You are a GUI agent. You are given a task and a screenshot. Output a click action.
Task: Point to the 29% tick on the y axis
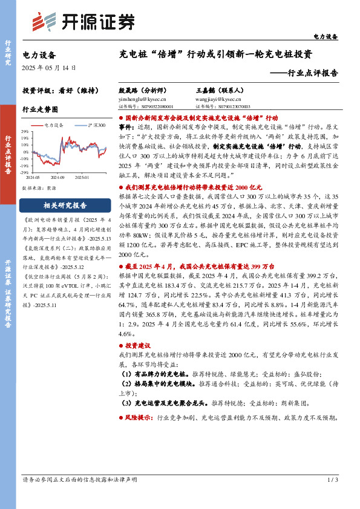pos(26,131)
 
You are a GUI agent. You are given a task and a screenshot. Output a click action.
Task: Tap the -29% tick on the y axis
pos(25,173)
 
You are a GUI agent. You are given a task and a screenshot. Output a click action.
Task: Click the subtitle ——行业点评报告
pos(303,73)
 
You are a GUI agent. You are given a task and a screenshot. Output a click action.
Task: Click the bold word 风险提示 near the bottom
pos(138,418)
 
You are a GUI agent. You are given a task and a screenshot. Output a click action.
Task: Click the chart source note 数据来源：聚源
pos(39,188)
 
